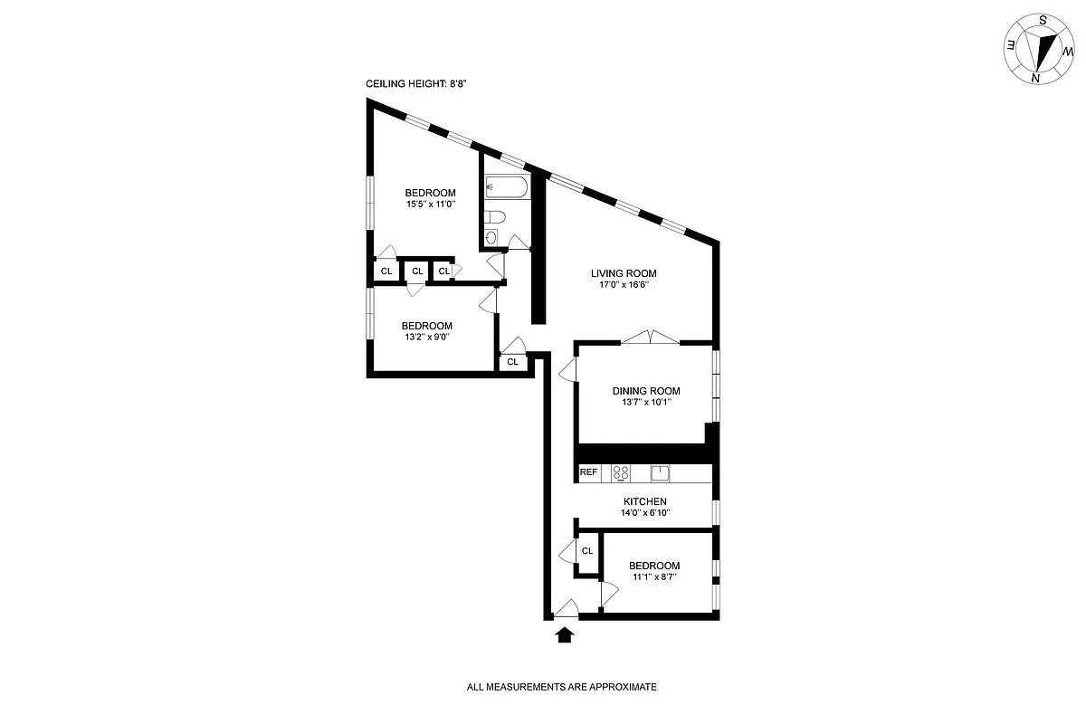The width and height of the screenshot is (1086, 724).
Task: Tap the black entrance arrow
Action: (565, 635)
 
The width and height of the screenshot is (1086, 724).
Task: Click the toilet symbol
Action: (494, 217)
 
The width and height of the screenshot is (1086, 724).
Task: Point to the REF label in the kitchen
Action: (588, 472)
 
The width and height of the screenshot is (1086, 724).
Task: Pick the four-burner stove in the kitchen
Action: (621, 472)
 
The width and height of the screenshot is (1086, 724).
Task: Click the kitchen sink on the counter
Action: (661, 472)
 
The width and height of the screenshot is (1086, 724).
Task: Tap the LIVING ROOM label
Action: (624, 273)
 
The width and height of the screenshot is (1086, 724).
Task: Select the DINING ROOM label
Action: (645, 391)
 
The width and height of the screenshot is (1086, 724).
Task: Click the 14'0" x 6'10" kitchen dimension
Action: (645, 513)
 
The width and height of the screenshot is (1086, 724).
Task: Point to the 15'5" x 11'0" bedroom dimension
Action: (430, 205)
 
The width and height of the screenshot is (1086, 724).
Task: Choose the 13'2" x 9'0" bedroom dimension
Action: (426, 338)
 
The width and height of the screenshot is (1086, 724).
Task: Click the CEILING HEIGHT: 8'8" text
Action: (415, 83)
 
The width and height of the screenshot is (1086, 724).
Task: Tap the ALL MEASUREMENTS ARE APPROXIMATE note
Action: (561, 687)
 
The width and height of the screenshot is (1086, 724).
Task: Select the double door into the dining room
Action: (650, 338)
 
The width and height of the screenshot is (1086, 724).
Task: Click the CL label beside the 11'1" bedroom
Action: (587, 550)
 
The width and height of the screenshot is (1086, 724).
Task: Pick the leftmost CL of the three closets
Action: (386, 271)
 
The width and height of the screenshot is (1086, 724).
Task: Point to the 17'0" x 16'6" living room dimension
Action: (624, 285)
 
